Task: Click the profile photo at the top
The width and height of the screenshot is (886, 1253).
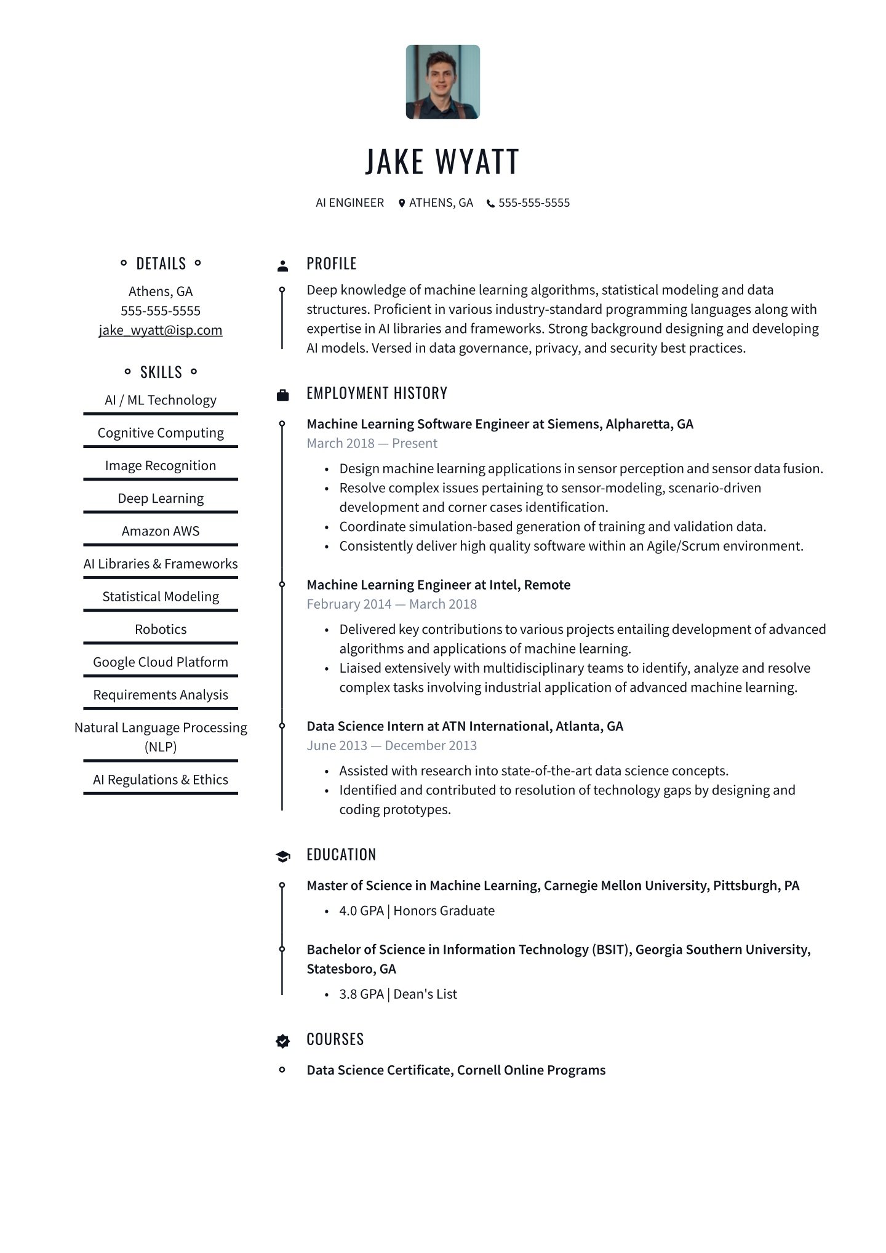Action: coord(442,82)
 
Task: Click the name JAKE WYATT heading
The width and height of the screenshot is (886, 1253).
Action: coord(442,161)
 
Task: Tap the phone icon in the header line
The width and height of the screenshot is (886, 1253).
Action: coord(490,204)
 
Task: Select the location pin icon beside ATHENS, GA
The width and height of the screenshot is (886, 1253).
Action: coord(402,203)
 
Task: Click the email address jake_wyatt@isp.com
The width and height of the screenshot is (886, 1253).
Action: coord(161,330)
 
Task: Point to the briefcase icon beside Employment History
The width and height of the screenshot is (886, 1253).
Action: coord(282,395)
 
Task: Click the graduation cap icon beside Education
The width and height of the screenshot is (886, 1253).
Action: coord(282,857)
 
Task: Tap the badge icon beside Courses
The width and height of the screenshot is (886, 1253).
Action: coord(282,1041)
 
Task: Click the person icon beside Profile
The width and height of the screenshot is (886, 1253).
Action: coord(282,266)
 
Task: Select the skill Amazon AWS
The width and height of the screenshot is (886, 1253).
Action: coord(161,531)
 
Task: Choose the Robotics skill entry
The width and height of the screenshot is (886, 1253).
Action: coord(161,629)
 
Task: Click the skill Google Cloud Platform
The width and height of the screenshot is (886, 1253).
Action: coord(161,662)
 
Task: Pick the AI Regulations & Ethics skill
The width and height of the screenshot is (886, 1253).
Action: coord(161,780)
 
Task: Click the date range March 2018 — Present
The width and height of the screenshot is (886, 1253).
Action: coord(372,443)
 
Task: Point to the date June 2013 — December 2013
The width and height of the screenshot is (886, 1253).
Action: coord(391,745)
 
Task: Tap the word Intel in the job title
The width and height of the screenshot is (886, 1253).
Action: coord(503,585)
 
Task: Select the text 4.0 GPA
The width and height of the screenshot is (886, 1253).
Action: coord(361,911)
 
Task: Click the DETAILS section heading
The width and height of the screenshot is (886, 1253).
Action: coord(161,263)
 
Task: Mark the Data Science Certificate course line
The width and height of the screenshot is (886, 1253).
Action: coord(456,1070)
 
